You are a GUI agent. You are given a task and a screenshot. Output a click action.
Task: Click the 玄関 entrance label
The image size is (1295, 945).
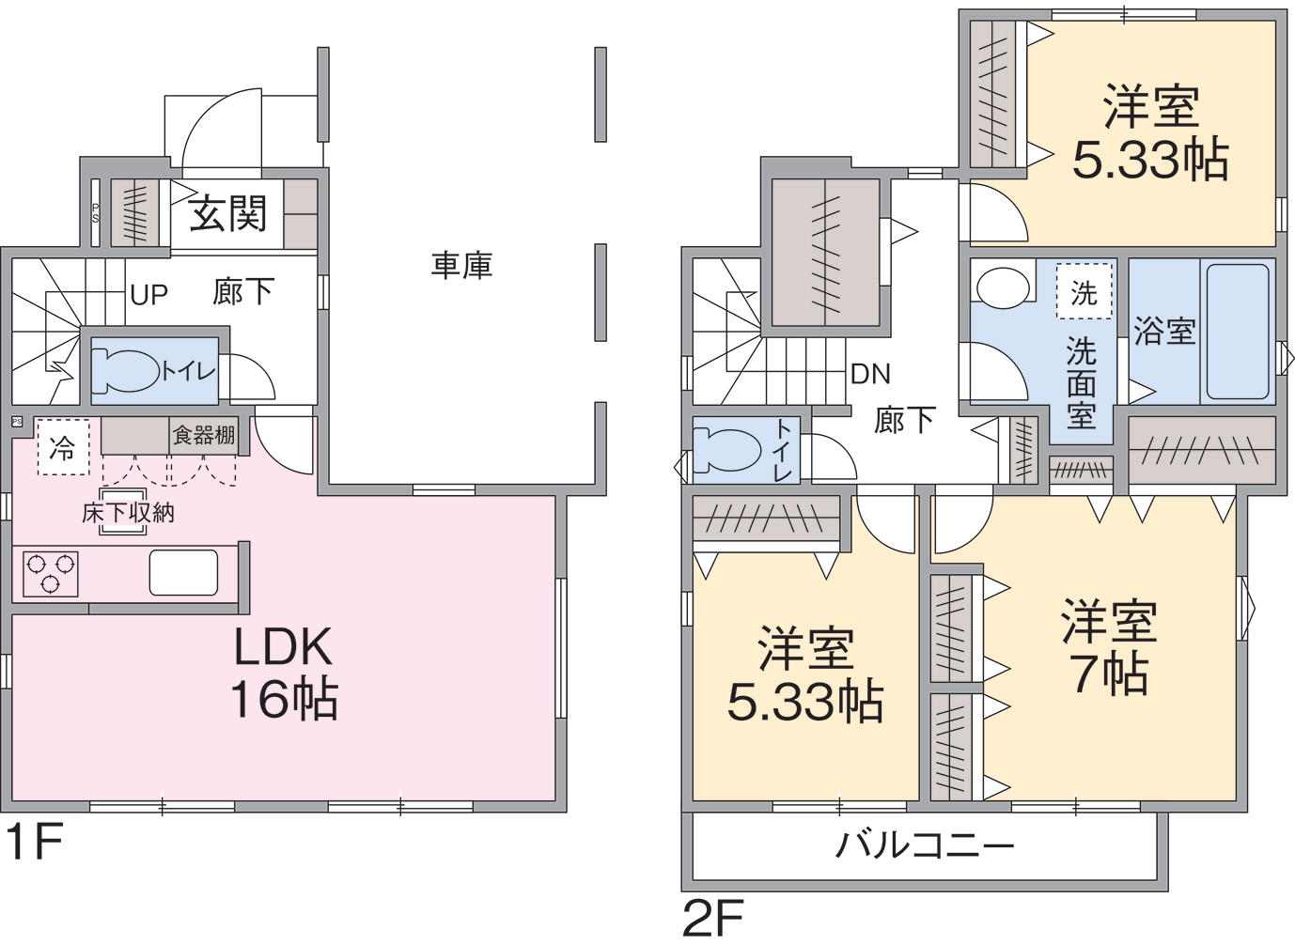(x=227, y=213)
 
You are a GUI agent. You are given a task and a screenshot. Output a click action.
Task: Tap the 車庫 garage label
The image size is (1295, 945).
(x=461, y=266)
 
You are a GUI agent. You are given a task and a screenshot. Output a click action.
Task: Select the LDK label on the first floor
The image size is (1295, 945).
(x=283, y=646)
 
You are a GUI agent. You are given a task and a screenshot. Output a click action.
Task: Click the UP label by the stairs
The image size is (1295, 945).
(x=148, y=295)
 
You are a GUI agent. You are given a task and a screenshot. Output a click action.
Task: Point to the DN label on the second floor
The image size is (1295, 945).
(x=870, y=375)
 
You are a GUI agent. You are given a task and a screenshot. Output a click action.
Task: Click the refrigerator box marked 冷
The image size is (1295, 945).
(x=64, y=447)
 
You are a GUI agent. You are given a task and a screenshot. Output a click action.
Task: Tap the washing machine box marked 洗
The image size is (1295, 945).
(x=1084, y=290)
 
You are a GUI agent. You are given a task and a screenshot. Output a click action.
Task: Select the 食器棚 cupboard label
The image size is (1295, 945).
(x=204, y=435)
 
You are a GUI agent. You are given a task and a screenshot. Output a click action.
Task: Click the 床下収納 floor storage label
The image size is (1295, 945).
(x=128, y=513)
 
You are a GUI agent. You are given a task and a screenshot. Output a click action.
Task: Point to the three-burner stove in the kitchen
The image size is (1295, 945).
(x=51, y=574)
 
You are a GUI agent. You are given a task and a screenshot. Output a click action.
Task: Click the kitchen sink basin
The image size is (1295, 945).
(x=184, y=572)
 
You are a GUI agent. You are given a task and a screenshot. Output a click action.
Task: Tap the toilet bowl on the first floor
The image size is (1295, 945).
(x=125, y=370)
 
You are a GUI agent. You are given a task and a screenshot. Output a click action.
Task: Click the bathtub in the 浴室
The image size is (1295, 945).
(x=1238, y=332)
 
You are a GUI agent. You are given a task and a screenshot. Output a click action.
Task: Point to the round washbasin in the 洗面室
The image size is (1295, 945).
(x=1003, y=287)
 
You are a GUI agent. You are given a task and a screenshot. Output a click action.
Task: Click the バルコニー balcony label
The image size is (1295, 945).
(x=925, y=846)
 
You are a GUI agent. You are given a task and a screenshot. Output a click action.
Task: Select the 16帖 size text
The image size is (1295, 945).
(x=285, y=698)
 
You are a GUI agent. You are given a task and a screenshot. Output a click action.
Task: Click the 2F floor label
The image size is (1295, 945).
(x=712, y=919)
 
